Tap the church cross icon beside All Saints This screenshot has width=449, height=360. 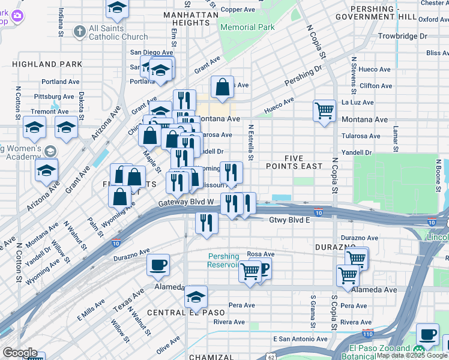tap(79, 31)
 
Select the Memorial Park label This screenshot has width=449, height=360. tap(247, 27)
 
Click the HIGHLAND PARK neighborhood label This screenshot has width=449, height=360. tap(38, 64)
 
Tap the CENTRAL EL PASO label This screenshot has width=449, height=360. tap(178, 313)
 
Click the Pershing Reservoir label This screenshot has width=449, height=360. tap(223, 260)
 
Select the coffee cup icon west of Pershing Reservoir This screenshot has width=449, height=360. tap(158, 265)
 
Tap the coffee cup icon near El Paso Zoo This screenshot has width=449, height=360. tap(427, 334)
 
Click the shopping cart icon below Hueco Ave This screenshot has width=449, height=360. tap(324, 110)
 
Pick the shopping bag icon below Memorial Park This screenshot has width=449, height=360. tap(222, 87)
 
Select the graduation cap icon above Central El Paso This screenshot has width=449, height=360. tap(196, 297)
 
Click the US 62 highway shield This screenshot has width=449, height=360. tap(271, 357)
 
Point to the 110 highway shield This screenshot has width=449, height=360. tap(367, 334)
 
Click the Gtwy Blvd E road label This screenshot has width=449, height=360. tap(289, 220)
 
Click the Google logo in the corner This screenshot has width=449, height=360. tap(19, 353)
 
